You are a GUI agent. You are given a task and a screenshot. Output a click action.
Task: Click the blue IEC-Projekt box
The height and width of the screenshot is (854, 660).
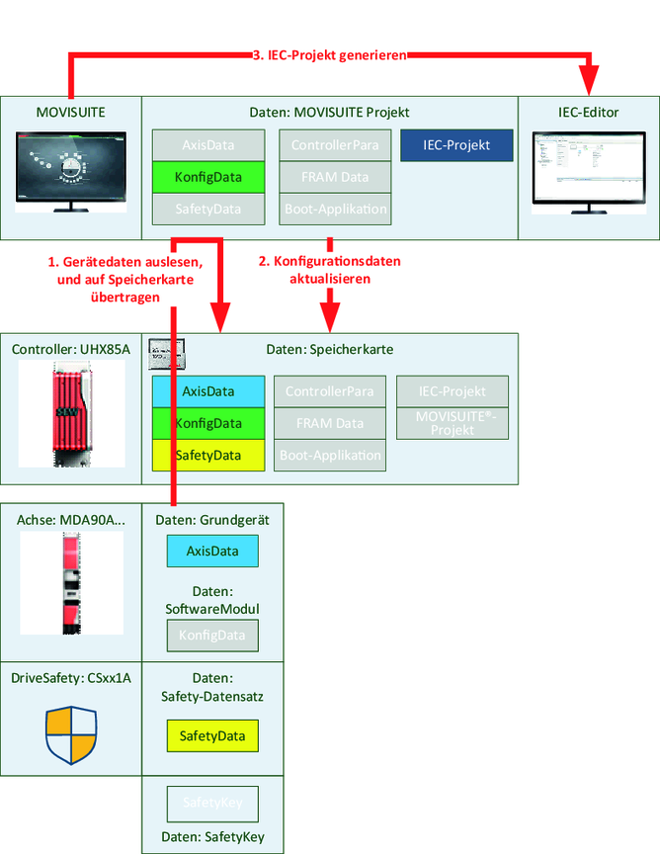(457, 145)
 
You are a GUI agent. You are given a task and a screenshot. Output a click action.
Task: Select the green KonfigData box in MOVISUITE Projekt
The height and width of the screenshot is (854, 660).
(209, 177)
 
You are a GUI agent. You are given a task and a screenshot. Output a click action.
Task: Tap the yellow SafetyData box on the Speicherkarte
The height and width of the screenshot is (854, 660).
(209, 455)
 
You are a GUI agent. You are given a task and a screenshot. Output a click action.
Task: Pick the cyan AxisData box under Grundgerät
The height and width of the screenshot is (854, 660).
(211, 551)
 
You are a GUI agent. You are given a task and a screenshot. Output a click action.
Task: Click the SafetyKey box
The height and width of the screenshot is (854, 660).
(211, 805)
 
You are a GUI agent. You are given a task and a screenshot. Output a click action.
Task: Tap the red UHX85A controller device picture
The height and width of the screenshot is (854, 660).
(71, 413)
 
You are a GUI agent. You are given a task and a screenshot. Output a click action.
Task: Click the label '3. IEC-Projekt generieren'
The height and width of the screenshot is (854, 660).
(330, 56)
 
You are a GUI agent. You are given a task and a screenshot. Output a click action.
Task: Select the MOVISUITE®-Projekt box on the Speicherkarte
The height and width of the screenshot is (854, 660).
(454, 423)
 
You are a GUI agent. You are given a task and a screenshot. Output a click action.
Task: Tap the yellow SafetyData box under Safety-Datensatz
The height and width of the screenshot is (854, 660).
(211, 735)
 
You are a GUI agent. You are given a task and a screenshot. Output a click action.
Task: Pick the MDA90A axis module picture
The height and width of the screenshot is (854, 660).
(71, 583)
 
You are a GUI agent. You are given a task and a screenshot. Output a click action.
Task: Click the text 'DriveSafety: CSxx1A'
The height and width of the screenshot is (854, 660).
(71, 678)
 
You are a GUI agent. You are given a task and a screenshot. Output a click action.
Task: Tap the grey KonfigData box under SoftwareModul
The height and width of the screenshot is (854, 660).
(211, 635)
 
